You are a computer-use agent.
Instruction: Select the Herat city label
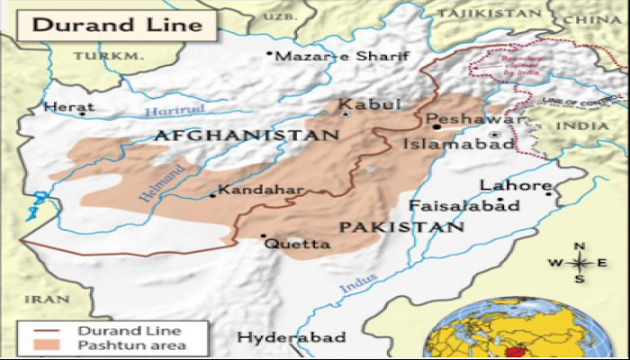click(x=62, y=107)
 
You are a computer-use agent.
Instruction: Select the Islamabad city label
click(x=458, y=143)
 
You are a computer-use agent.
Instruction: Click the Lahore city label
click(x=515, y=186)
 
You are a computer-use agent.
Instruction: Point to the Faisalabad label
click(x=463, y=206)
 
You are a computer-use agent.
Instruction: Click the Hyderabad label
click(x=291, y=337)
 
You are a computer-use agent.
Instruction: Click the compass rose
click(x=580, y=263)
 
